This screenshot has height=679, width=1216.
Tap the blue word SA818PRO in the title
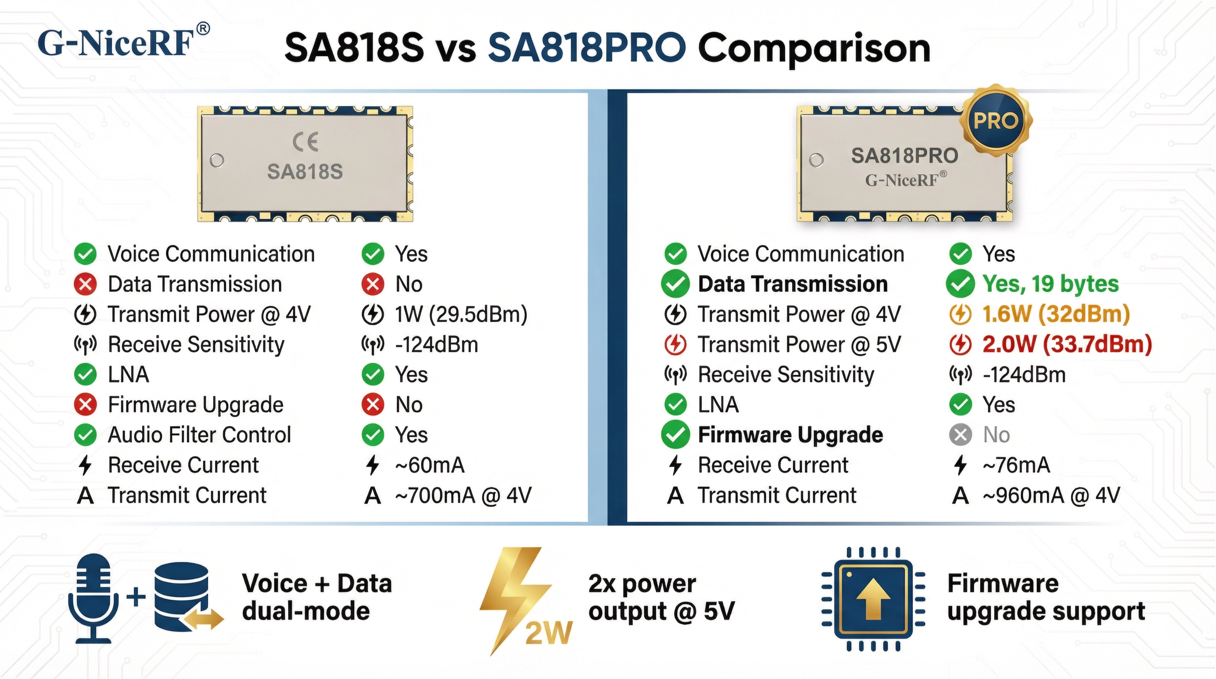click(586, 48)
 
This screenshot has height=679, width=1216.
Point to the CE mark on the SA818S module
click(305, 142)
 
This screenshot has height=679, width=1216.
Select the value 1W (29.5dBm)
click(461, 314)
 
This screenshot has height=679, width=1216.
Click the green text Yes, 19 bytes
click(1050, 284)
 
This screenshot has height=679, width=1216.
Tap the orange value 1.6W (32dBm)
click(1056, 314)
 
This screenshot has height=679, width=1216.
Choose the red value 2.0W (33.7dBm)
click(1067, 344)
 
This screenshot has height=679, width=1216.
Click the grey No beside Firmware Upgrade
click(996, 435)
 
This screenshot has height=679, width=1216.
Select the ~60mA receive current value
click(430, 465)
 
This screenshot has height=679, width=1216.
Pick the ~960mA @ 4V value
click(1051, 495)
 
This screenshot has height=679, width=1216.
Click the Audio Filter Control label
click(199, 435)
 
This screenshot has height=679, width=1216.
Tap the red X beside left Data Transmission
click(86, 284)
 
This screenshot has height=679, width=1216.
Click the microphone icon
click(94, 597)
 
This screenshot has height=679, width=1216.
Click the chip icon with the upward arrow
click(873, 599)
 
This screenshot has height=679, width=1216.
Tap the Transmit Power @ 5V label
click(799, 344)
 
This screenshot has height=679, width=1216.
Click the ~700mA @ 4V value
click(463, 495)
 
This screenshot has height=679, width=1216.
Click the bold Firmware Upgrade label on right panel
click(790, 435)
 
